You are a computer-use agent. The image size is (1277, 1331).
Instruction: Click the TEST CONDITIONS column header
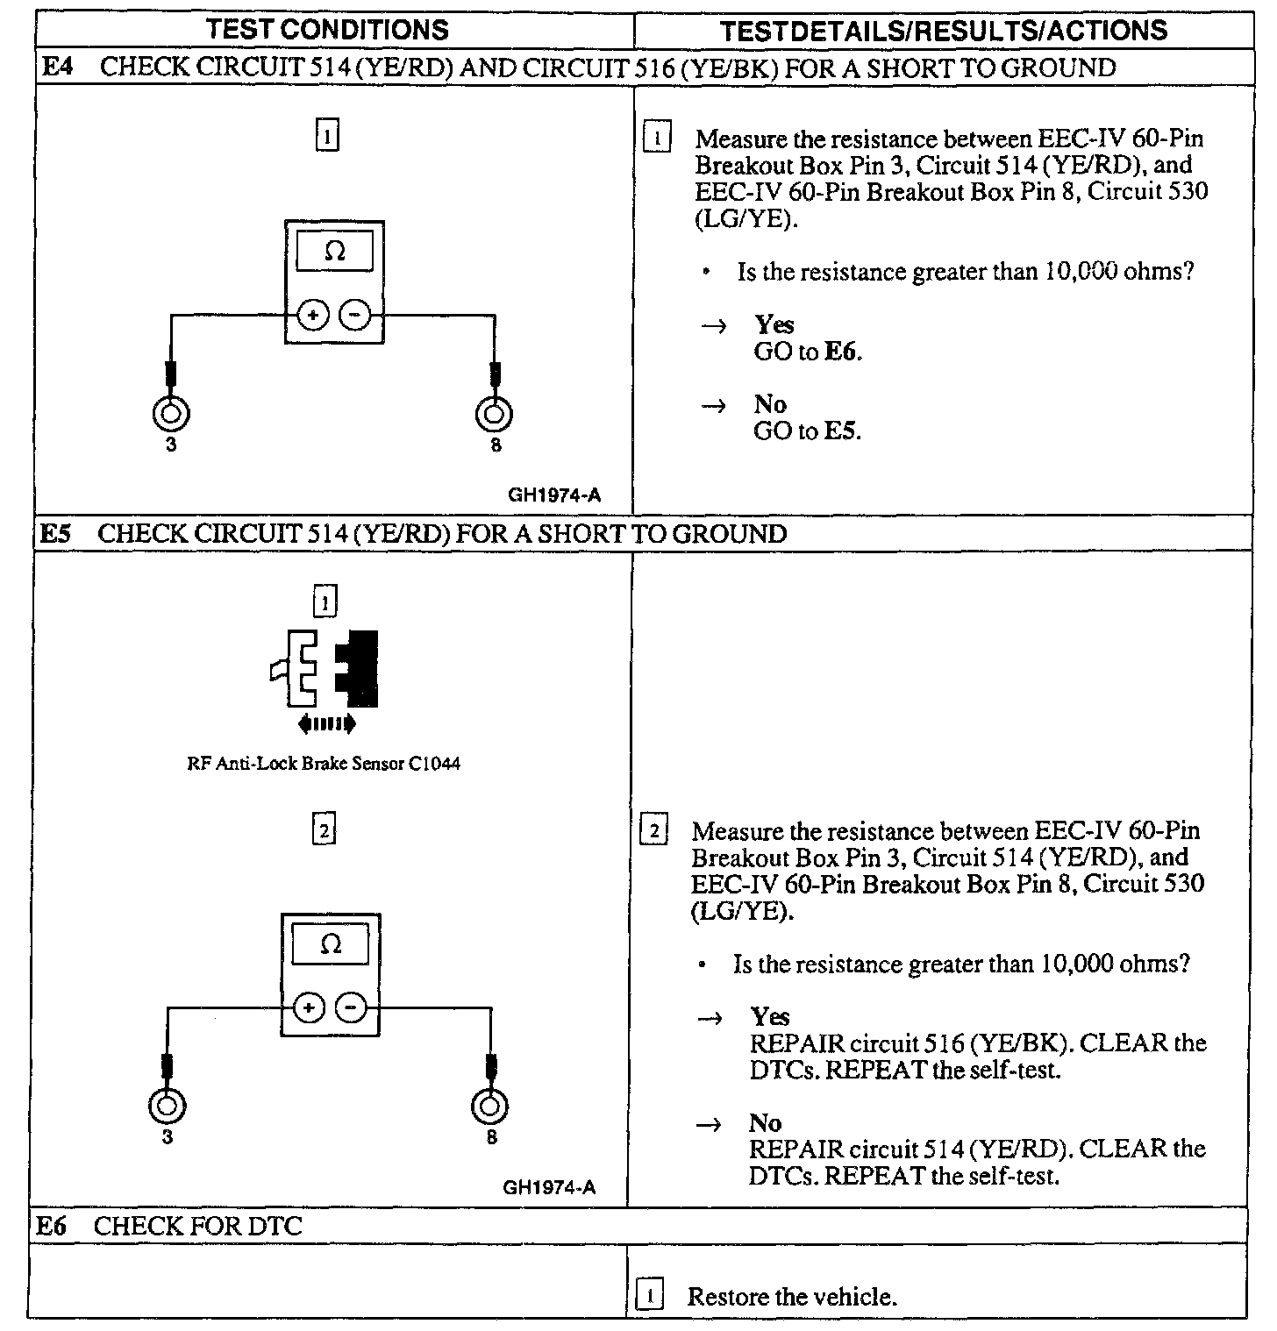coord(326,30)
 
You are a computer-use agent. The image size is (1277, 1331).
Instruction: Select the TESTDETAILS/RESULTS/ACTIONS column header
coord(943,31)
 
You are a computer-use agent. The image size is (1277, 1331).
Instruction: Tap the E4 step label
coord(57,68)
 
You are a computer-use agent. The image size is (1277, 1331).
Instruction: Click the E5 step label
coord(55,534)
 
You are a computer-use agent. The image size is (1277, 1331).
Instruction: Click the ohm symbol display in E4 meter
coord(334,253)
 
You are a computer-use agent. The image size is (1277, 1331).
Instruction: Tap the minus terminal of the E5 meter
coord(351,1008)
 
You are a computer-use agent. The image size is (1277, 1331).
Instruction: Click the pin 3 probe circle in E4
coord(171,413)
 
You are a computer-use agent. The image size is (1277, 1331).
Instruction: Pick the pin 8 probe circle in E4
coord(495,413)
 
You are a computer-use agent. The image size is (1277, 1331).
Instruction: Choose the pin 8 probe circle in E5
coord(490,1107)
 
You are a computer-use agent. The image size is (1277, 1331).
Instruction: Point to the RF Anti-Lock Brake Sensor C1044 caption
coord(324,764)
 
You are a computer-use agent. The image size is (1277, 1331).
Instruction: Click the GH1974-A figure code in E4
coord(554,495)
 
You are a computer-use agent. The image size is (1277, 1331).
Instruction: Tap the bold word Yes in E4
coord(774,324)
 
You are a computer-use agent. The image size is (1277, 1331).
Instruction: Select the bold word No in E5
coord(765,1123)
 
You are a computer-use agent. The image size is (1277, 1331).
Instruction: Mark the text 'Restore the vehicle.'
coord(792,1297)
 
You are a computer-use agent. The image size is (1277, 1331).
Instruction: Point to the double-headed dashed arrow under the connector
coord(326,723)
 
